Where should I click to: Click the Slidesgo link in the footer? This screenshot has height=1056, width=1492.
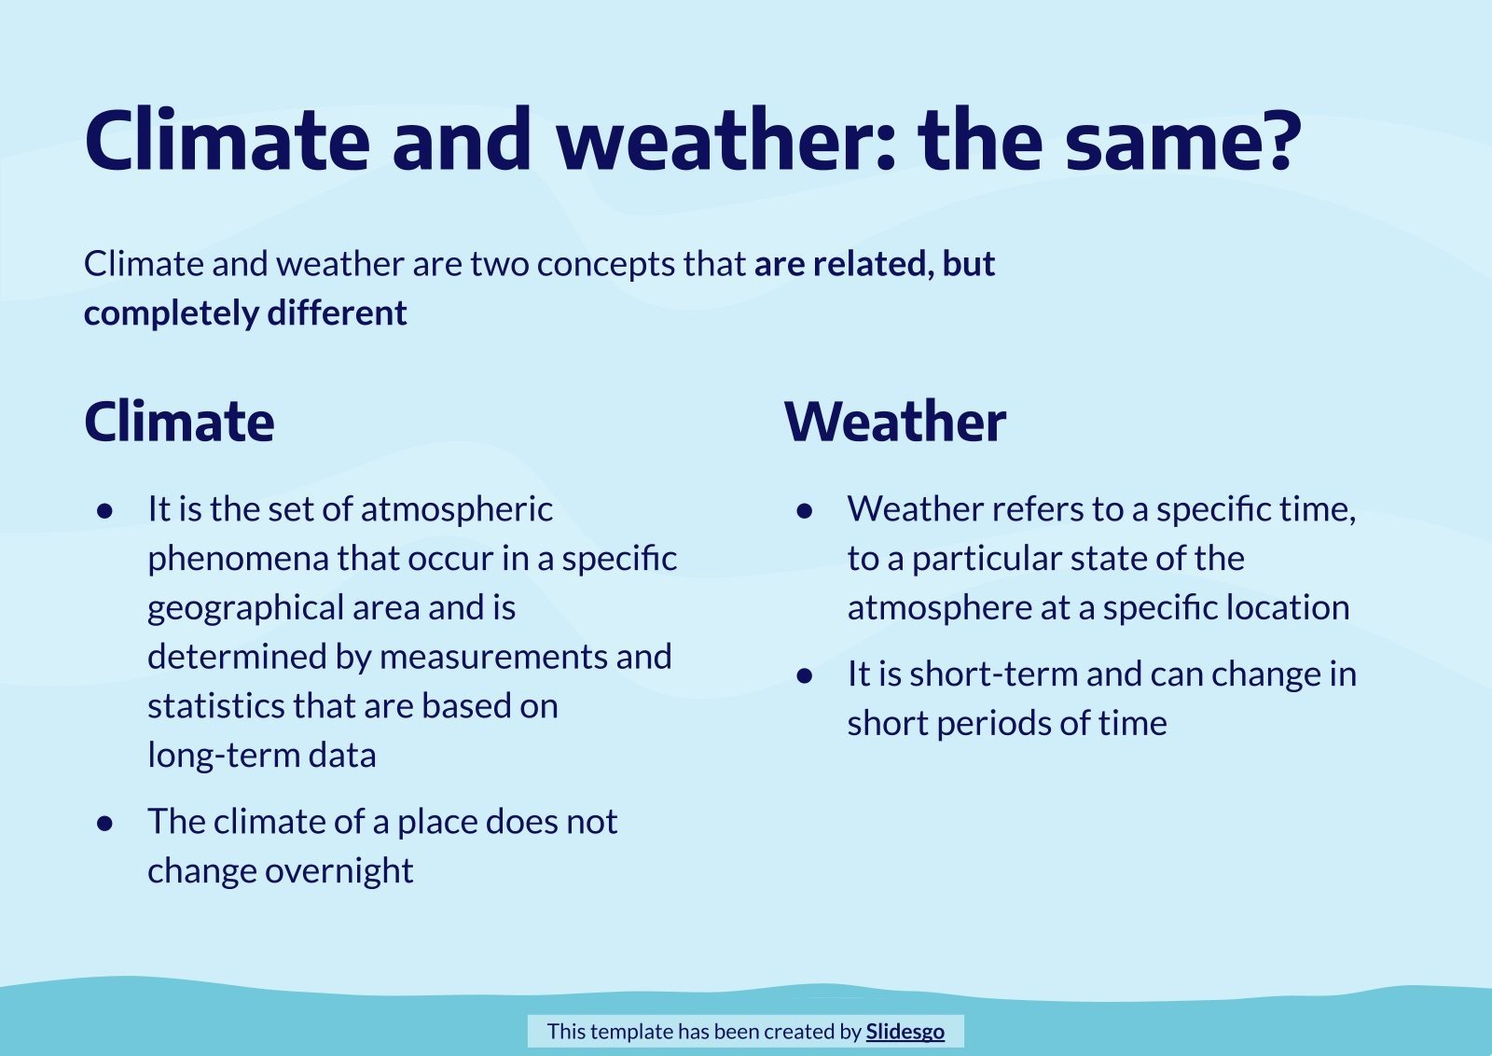click(905, 1031)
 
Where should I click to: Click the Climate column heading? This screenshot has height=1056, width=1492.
click(179, 422)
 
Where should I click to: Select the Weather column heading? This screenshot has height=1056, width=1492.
click(895, 422)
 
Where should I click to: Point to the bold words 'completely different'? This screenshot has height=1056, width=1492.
click(245, 313)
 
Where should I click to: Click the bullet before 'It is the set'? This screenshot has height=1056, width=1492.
click(105, 510)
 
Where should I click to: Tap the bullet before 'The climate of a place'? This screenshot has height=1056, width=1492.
click(105, 823)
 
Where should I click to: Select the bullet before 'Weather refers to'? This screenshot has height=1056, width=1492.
click(805, 510)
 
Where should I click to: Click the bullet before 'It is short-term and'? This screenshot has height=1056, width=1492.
click(805, 675)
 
